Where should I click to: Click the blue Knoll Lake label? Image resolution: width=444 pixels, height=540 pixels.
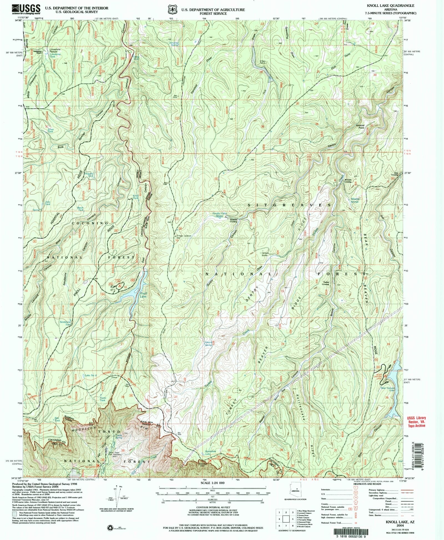(143, 295)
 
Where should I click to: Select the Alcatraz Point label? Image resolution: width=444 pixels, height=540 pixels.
(360, 126)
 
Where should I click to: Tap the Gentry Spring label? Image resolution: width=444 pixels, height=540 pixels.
(208, 344)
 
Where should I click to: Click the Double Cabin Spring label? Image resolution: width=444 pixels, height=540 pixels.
(220, 214)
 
